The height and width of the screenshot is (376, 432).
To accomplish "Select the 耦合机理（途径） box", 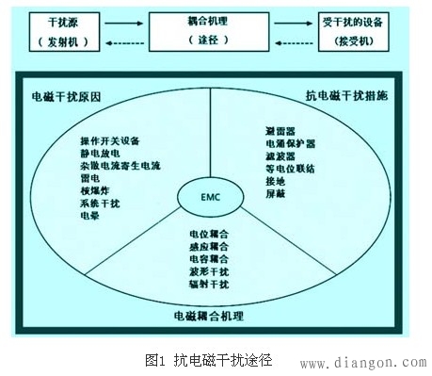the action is (x=216, y=31).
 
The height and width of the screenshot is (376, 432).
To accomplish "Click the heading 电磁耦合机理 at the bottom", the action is (x=209, y=314).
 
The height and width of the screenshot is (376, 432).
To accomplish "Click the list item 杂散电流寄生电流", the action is (x=120, y=165).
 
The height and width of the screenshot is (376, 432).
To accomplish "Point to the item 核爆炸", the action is (x=96, y=189).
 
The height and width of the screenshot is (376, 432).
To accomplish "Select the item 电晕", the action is (x=90, y=214).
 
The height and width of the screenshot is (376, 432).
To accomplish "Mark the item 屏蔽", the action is (x=276, y=192).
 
